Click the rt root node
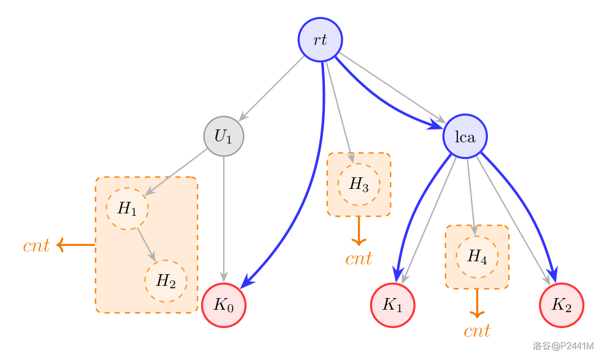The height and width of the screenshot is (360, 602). tap(320, 40)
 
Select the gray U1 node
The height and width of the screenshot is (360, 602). tap(224, 136)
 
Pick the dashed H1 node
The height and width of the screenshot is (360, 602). tap(128, 209)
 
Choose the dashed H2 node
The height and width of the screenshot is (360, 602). tap(166, 281)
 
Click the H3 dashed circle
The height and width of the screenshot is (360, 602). tap(359, 184)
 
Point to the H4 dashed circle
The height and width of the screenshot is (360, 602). tap(477, 256)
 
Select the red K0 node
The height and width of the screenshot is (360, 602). tap(224, 305)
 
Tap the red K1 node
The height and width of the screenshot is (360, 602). tap(392, 305)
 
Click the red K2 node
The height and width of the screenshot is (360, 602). tap(562, 305)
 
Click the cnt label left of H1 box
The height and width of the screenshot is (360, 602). tap(36, 246)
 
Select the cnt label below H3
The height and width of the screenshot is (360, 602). tap(359, 259)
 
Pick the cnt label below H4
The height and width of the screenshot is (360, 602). tap(477, 332)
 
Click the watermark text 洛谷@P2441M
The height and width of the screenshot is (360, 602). tap(563, 347)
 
